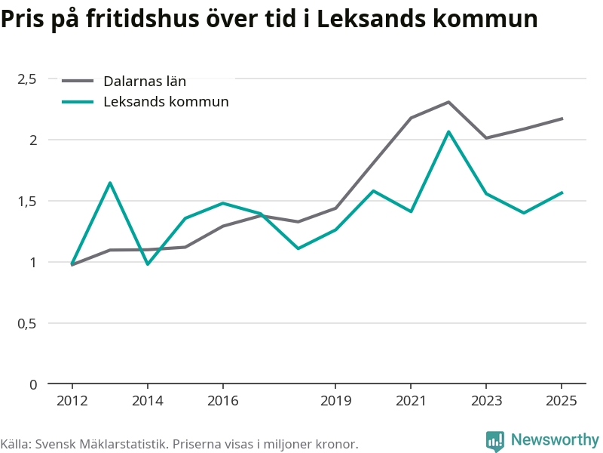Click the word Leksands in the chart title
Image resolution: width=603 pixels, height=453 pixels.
(371, 18)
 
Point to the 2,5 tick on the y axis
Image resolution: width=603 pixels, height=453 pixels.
(27, 79)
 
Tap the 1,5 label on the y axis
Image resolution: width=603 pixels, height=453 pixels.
(27, 201)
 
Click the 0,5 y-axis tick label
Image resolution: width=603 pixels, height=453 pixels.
(27, 324)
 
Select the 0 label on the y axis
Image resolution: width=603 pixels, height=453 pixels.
(33, 384)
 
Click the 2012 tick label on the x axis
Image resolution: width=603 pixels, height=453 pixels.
(72, 401)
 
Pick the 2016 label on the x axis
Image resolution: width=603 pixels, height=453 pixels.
(222, 401)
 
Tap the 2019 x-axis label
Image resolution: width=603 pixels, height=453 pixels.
(335, 401)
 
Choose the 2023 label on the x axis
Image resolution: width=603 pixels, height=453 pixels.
(486, 401)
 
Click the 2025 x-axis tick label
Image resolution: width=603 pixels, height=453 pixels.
(562, 401)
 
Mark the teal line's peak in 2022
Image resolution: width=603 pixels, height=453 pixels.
(448, 131)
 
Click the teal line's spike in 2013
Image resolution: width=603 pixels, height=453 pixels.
(109, 183)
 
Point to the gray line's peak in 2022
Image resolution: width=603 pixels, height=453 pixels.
(448, 102)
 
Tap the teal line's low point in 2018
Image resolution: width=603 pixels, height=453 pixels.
(298, 248)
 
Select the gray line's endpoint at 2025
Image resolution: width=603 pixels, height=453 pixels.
(562, 119)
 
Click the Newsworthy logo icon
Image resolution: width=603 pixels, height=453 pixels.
(495, 441)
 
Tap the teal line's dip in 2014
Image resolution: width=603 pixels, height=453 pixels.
(147, 264)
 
